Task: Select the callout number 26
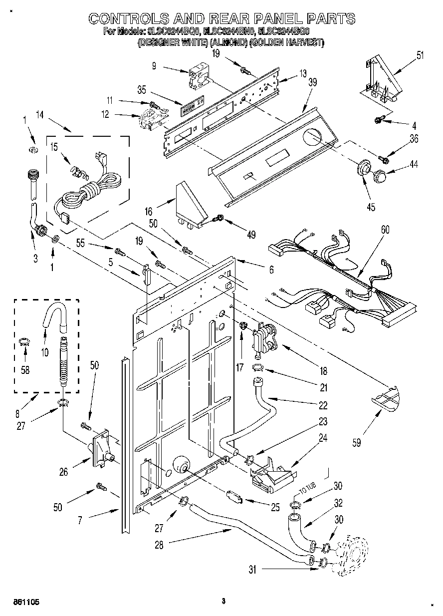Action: (64, 471)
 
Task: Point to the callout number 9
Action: (154, 65)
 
